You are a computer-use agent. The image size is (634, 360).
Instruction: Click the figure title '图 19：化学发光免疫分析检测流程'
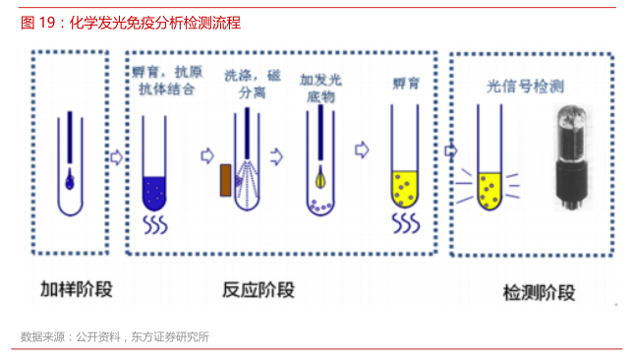[131, 23]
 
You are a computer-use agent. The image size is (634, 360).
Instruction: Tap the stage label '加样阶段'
[77, 289]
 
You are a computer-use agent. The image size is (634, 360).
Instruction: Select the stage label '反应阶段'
[259, 290]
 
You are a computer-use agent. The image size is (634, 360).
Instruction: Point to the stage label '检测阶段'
[539, 292]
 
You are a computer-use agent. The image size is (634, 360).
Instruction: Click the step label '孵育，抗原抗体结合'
[167, 81]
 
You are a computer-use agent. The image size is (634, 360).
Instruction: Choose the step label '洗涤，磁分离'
[253, 84]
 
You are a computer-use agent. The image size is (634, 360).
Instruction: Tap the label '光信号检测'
[525, 87]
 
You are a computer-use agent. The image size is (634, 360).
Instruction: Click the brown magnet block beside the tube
[226, 180]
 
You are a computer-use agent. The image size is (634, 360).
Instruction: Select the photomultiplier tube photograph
[571, 157]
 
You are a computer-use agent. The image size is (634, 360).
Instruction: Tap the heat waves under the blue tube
[155, 225]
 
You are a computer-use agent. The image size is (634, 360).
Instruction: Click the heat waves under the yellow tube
[406, 223]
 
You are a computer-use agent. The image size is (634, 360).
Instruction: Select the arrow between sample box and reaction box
[116, 157]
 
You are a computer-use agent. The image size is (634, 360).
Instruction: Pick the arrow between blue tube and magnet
[207, 155]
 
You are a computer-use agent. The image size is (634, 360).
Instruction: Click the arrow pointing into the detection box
[451, 150]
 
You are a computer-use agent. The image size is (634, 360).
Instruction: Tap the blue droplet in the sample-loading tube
[70, 180]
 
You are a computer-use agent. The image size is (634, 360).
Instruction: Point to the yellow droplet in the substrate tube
[320, 178]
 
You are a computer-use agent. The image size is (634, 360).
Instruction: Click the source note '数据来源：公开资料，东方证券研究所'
[115, 336]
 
